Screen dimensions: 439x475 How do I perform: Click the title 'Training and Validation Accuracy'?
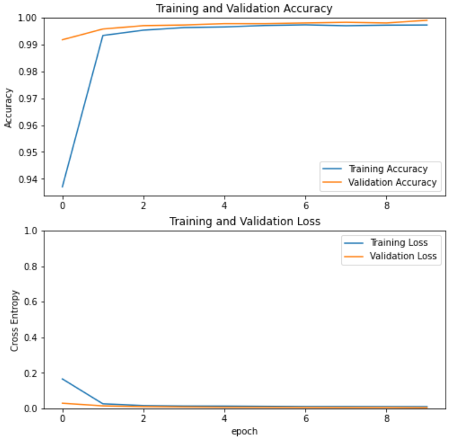tap(244, 8)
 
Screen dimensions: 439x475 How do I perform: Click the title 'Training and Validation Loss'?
tap(244, 222)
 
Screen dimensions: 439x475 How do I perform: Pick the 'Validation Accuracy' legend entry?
tap(392, 183)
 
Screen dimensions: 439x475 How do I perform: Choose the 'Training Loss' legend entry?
tap(398, 243)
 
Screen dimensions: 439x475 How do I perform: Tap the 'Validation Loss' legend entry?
tap(403, 256)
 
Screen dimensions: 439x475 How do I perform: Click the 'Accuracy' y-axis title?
tap(8, 108)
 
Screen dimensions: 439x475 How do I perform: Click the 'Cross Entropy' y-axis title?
tap(15, 320)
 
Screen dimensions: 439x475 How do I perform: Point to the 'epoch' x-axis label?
tap(244, 431)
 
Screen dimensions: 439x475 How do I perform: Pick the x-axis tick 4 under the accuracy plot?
tap(224, 204)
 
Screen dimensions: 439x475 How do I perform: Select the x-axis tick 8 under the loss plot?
tap(386, 417)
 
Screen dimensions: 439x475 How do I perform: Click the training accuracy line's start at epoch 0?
tap(62, 187)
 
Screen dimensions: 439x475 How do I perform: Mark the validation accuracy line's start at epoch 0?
tap(62, 40)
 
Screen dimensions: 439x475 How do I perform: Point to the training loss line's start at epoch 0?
tap(62, 379)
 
